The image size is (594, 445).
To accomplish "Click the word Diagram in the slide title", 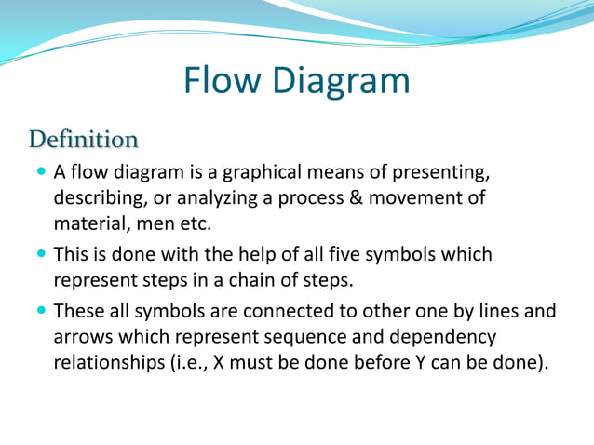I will [341, 81].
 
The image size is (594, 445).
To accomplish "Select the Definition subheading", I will [83, 140].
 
